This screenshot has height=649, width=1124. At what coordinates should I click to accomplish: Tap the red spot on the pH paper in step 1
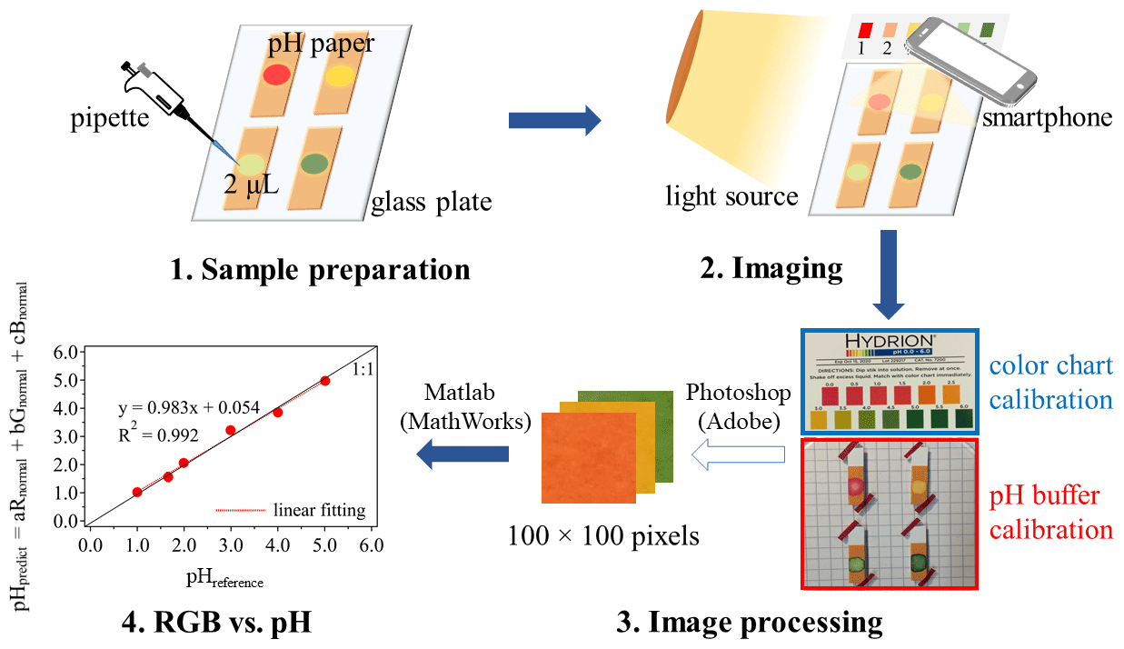[276, 74]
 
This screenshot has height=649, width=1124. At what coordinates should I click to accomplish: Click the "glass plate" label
[431, 201]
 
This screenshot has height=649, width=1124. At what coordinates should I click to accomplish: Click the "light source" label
[731, 195]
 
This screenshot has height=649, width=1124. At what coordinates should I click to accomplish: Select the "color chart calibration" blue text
[1051, 383]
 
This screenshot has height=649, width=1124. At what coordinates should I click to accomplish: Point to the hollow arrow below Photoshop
[738, 452]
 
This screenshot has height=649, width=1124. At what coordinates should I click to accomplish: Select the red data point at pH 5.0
[325, 381]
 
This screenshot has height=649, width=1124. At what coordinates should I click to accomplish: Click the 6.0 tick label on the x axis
[371, 544]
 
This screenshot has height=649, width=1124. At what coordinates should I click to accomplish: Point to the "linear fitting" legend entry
[318, 510]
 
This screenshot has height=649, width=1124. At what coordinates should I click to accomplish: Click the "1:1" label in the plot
[363, 370]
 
